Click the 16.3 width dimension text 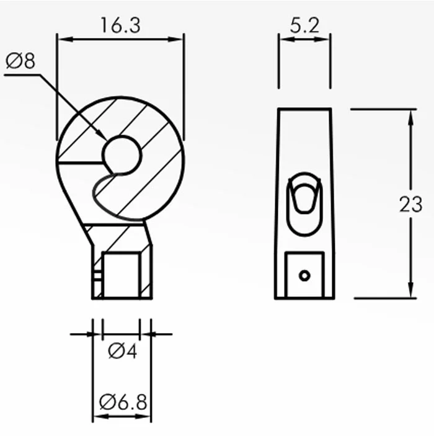coord(121,25)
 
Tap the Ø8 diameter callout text coord(20,61)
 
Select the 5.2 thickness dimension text coord(304,25)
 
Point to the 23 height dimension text coord(410,205)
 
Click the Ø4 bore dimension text coord(123,351)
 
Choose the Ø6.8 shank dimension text coord(123,402)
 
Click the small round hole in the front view coord(122,155)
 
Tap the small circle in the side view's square coord(304,276)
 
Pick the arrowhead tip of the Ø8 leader coord(107,140)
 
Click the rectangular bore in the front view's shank coord(122,275)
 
